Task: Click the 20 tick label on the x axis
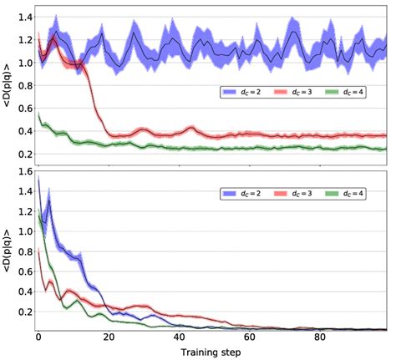coord(109,339)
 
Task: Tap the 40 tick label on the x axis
coord(180,339)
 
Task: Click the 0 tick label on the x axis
coord(38,339)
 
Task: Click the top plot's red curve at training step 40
coord(180,134)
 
